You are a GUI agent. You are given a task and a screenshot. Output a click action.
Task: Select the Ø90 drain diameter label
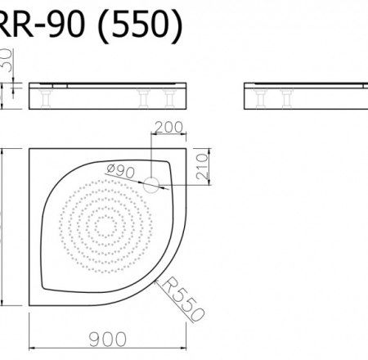point(120,171)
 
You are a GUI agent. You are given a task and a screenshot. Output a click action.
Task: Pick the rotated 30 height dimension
point(7,60)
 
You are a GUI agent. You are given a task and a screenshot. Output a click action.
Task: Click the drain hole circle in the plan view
point(151,185)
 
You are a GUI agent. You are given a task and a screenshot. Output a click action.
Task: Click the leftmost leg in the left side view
point(46,100)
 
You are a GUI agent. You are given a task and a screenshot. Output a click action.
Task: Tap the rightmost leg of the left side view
point(172,100)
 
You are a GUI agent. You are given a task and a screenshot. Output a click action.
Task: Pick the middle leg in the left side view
point(148,100)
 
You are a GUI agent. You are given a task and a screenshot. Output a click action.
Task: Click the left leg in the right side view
point(263,100)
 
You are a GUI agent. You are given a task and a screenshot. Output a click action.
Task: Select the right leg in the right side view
point(288,100)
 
